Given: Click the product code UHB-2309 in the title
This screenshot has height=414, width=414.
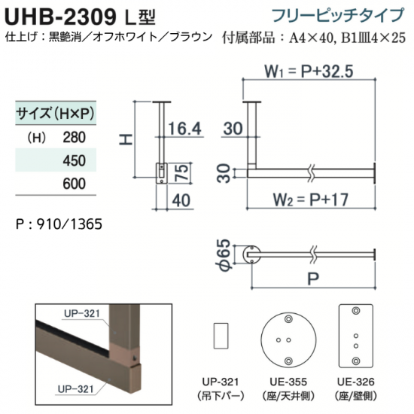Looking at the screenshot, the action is pyautogui.click(x=60, y=17).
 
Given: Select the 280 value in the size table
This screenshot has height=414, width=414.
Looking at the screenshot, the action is pyautogui.click(x=75, y=137).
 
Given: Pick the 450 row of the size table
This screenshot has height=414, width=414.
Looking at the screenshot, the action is pyautogui.click(x=56, y=160).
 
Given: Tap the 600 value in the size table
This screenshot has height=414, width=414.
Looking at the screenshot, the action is pyautogui.click(x=75, y=184).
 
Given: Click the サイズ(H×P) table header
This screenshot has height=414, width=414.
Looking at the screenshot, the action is pyautogui.click(x=56, y=114).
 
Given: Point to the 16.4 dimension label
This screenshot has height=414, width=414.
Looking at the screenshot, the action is pyautogui.click(x=185, y=129).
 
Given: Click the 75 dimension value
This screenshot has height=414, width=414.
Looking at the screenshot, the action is pyautogui.click(x=183, y=172).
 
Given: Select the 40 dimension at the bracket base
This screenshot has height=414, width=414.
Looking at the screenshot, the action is pyautogui.click(x=181, y=200).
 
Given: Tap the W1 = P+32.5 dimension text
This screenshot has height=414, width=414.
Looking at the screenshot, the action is pyautogui.click(x=309, y=72).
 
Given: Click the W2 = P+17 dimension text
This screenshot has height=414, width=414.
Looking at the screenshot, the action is pyautogui.click(x=310, y=199).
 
